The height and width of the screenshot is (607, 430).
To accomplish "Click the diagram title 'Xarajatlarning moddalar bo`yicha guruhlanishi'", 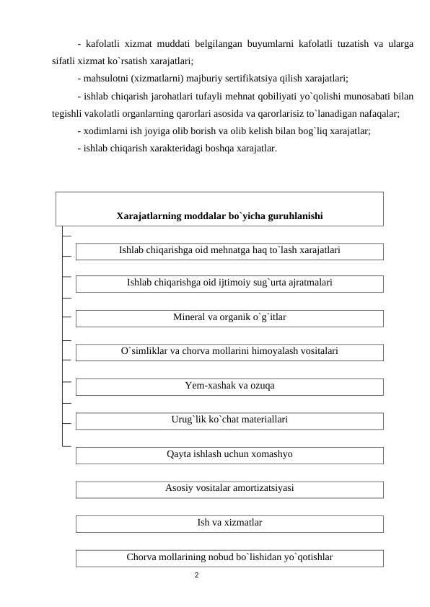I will point(219,216).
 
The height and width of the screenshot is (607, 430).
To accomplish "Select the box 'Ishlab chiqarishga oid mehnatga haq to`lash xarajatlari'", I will point(229,250).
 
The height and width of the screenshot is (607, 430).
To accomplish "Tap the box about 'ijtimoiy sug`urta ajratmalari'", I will point(229,283).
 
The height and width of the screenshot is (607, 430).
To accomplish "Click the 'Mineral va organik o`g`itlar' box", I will point(229,317).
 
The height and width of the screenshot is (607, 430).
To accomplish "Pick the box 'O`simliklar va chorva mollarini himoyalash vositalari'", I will point(229,351).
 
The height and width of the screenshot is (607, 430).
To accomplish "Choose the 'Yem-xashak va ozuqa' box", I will point(229,386).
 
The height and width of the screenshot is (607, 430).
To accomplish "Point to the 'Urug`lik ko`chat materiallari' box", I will point(229,419).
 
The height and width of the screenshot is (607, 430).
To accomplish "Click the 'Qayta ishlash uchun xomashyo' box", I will point(229,454).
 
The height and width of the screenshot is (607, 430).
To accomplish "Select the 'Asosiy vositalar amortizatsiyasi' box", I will point(229,488).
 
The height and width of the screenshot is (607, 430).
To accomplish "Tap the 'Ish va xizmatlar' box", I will point(229,522).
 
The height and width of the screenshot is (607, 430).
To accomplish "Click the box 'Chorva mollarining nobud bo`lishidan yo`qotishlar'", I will point(229,557).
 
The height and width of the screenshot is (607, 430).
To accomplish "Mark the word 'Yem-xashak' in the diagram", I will point(208,386).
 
